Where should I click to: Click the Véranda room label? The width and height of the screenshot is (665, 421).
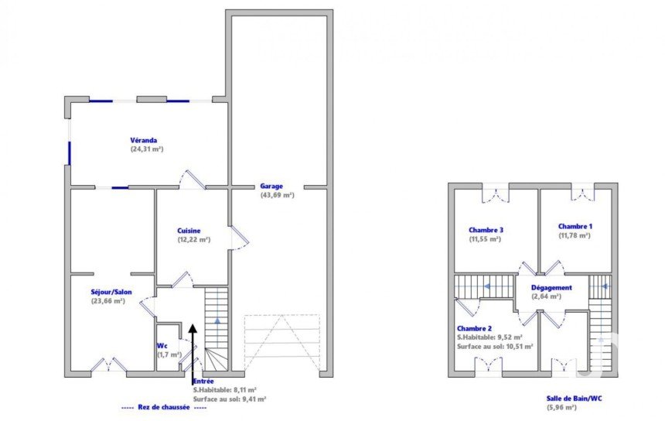tap(143, 140)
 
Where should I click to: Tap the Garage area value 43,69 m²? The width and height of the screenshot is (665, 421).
tap(277, 195)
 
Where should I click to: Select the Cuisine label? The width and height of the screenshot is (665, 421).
tap(189, 231)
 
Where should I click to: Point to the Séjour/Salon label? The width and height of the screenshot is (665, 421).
tap(111, 292)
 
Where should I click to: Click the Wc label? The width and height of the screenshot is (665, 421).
tap(162, 345)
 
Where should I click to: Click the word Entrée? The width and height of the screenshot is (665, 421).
tap(203, 381)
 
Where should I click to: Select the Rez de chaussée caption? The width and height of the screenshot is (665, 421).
tap(164, 407)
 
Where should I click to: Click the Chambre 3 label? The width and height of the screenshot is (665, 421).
tap(486, 230)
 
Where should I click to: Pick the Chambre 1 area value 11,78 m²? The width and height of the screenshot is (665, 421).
tap(575, 235)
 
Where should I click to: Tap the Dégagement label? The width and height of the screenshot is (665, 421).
tap(551, 288)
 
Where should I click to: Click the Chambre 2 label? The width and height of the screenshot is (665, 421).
tap(474, 328)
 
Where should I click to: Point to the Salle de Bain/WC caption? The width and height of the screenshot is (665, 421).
tap(574, 398)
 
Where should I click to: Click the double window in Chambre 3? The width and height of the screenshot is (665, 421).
tap(496, 193)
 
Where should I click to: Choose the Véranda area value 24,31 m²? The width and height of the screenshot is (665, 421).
tap(147, 149)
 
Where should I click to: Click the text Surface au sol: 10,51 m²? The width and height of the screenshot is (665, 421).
tap(495, 346)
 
